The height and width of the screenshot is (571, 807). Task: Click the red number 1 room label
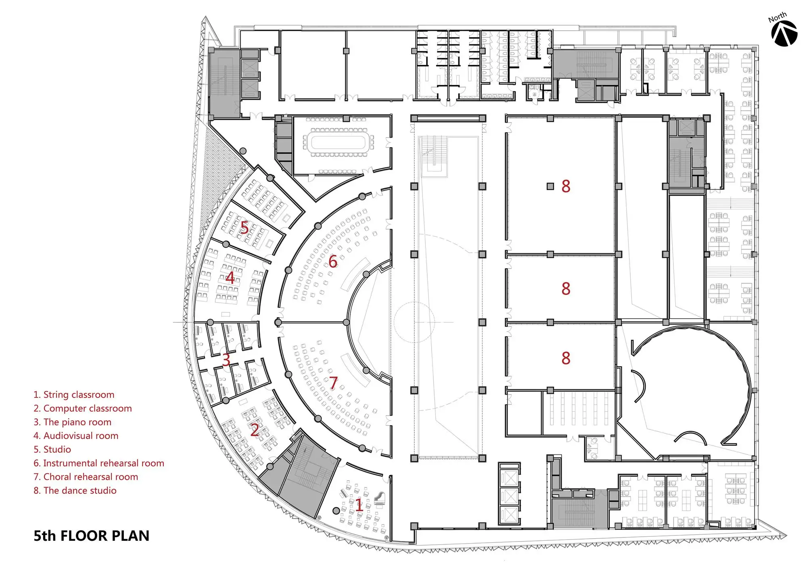(x=359, y=505)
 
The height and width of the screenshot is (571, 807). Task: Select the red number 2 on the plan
(x=255, y=430)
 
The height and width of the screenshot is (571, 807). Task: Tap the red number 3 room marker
(x=226, y=359)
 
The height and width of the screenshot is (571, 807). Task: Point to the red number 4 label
(x=230, y=278)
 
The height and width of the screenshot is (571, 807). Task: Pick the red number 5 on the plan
(x=245, y=228)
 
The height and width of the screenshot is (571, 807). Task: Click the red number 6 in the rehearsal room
(x=333, y=261)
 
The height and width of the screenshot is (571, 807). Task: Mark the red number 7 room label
(x=333, y=383)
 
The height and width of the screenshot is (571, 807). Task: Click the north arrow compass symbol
(x=784, y=33)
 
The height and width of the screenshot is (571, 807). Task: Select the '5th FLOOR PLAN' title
(x=91, y=535)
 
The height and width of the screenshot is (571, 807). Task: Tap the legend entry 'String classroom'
(x=74, y=395)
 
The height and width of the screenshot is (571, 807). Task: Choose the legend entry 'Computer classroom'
(x=83, y=408)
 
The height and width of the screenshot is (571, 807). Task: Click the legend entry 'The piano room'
(x=73, y=422)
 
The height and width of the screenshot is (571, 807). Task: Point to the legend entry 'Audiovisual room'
(x=76, y=436)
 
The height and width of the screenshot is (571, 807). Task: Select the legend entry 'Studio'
(x=52, y=450)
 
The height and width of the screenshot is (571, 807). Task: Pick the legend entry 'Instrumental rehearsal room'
(x=99, y=463)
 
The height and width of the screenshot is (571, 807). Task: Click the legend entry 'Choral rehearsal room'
(x=86, y=477)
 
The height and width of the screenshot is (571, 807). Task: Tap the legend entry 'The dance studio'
(x=75, y=491)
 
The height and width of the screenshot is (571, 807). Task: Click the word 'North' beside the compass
(x=778, y=17)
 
